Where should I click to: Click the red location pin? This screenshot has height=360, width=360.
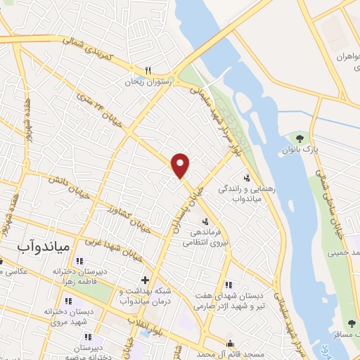click(x=181, y=165)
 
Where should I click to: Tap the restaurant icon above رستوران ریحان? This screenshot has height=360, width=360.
click(x=148, y=70)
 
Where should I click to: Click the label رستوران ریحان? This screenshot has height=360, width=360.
click(x=144, y=82)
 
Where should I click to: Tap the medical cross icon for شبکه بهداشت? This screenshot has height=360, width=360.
click(x=145, y=280)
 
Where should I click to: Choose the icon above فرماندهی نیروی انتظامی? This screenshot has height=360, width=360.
click(x=205, y=222)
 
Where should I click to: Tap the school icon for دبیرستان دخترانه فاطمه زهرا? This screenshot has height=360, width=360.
click(x=89, y=262)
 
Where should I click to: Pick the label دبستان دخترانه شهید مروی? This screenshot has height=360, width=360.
click(x=46, y=315)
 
